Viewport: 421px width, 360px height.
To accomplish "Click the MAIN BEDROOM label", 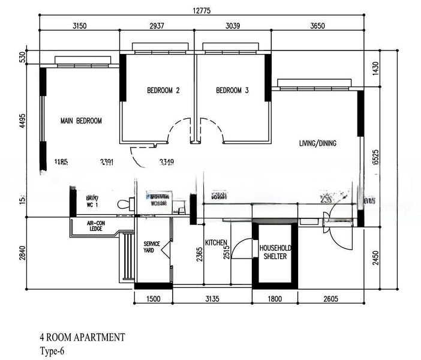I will click(81, 121).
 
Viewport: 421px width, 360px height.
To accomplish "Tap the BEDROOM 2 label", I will click(164, 91).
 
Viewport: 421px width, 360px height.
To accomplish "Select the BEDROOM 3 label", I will click(232, 91).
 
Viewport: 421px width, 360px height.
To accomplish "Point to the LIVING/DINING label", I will click(318, 143).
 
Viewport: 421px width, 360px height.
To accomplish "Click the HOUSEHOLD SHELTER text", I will click(275, 252).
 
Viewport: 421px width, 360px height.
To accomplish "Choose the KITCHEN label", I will click(216, 242).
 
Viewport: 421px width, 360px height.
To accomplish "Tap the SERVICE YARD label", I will click(152, 247).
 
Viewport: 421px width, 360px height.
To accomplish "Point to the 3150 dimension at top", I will click(80, 25).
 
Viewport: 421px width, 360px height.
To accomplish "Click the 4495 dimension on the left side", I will click(23, 121).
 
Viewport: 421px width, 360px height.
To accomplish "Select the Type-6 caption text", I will click(52, 351).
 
